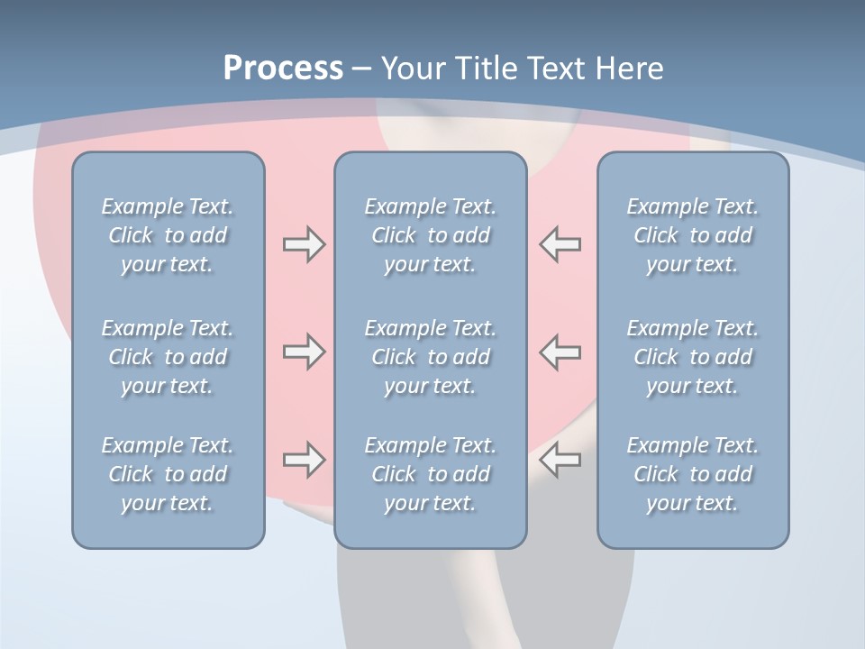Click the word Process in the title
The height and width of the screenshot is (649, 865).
pyautogui.click(x=283, y=69)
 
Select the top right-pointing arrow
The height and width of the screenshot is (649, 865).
pyautogui.click(x=304, y=244)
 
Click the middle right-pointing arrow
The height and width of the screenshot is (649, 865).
pyautogui.click(x=304, y=352)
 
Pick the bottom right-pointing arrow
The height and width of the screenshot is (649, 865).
pyautogui.click(x=304, y=460)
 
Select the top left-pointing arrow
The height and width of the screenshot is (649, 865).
pyautogui.click(x=560, y=244)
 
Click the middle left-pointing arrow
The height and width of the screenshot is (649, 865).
pyautogui.click(x=560, y=352)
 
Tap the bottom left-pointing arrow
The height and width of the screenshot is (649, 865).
pyautogui.click(x=560, y=460)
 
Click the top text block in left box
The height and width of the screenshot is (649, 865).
pyautogui.click(x=168, y=235)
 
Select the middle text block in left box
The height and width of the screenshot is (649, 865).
pyautogui.click(x=168, y=357)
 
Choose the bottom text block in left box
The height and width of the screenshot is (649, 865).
pyautogui.click(x=168, y=474)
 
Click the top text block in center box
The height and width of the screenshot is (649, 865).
pyautogui.click(x=431, y=235)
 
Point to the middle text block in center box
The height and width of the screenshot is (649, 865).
pyautogui.click(x=431, y=357)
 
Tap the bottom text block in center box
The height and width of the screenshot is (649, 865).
pyautogui.click(x=431, y=474)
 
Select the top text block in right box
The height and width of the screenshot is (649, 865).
pyautogui.click(x=693, y=235)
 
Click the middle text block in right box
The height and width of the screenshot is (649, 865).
pyautogui.click(x=693, y=357)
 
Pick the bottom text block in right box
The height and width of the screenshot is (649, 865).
pyautogui.click(x=693, y=474)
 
